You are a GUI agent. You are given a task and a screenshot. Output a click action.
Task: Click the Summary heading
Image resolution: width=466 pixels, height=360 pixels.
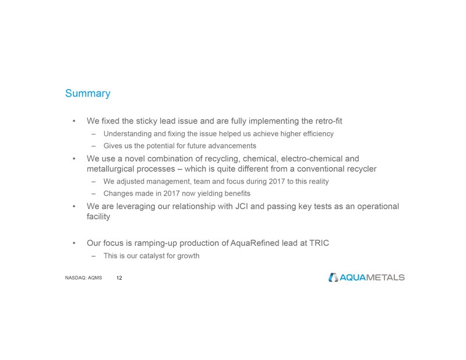[87, 93]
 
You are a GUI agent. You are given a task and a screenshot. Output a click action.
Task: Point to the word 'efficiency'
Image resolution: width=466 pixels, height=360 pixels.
[315, 134]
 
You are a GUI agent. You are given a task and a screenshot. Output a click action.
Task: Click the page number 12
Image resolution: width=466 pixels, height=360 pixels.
[119, 278]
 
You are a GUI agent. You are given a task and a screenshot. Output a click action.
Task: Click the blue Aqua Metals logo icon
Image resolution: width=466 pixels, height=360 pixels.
[333, 277]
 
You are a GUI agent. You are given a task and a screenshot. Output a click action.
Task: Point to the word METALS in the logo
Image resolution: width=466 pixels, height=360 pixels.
[385, 277]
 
